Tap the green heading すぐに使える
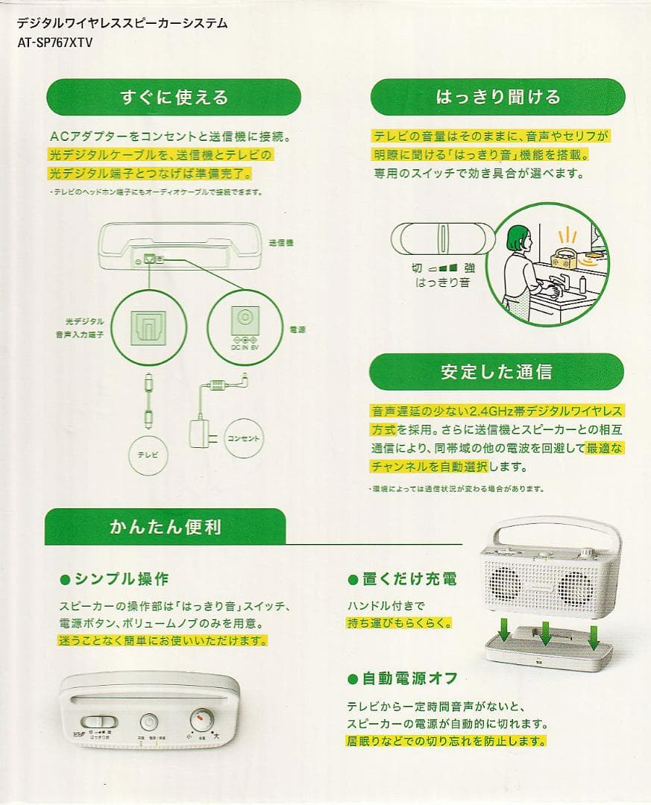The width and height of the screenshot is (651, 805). (174, 98)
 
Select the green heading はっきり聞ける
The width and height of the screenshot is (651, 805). (497, 97)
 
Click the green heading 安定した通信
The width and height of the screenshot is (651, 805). (497, 372)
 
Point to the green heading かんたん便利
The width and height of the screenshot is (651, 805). (165, 527)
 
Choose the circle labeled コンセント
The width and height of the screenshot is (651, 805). (243, 439)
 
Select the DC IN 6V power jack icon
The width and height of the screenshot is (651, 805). (243, 321)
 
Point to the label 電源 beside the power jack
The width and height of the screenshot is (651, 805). (296, 329)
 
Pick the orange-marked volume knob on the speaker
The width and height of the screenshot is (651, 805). (201, 719)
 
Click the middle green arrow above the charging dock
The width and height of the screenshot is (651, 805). (545, 633)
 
